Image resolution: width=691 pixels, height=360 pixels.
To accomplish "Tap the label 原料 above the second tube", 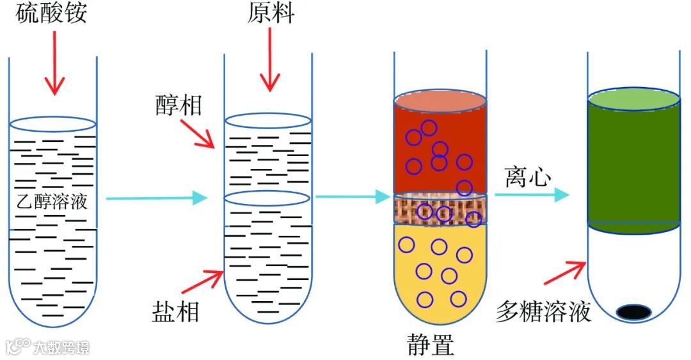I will point(271,13).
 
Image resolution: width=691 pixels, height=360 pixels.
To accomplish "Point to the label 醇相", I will point(179,104).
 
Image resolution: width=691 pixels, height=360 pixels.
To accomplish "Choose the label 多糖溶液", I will point(543,312).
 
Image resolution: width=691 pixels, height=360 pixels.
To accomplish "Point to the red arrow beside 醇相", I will point(198,134).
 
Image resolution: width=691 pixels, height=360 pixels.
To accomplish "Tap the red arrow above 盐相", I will point(203,281).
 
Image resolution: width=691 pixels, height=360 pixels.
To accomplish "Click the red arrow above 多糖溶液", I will point(564,272).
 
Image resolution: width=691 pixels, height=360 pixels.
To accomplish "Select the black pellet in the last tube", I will point(634,311).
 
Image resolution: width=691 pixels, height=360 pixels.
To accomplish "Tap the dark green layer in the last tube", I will point(633,166).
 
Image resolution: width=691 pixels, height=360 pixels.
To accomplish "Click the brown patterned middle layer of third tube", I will point(440,209).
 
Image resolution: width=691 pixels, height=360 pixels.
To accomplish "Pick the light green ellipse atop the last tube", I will point(633,99).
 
